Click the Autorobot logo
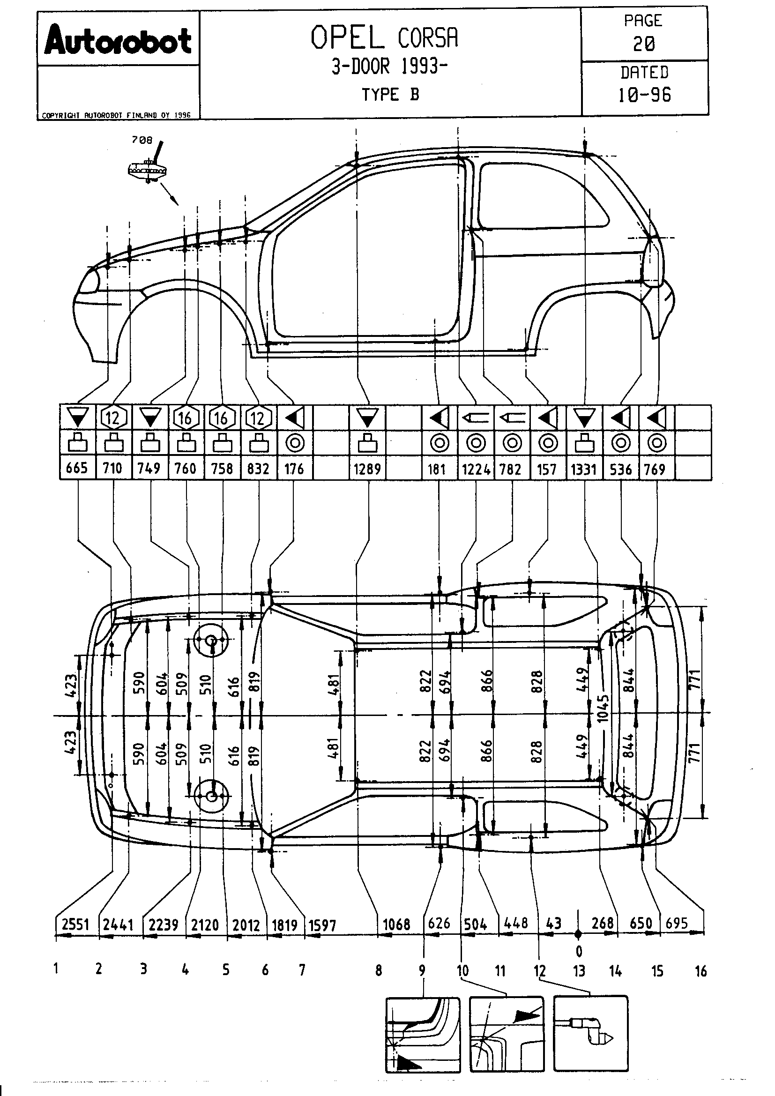(118, 40)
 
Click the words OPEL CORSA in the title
(385, 38)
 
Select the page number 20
(644, 44)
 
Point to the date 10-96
(644, 95)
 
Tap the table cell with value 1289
(367, 469)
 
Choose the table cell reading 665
(77, 468)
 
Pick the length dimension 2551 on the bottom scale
(76, 925)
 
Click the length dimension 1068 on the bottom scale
(396, 925)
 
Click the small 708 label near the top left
(142, 141)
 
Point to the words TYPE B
(390, 95)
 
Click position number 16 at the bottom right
(700, 971)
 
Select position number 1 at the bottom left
(56, 969)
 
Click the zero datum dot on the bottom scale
(578, 934)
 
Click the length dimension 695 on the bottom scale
(677, 924)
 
